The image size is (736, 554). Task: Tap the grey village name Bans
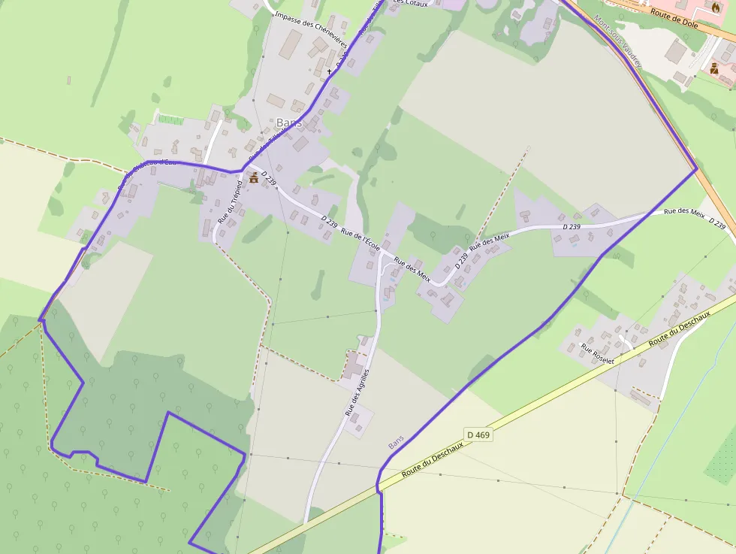click(x=289, y=123)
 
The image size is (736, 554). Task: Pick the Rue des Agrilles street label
click(x=357, y=393)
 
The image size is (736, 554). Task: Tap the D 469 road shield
click(x=478, y=434)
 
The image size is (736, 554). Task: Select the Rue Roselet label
click(x=597, y=354)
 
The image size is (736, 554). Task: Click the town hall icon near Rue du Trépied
click(x=254, y=178)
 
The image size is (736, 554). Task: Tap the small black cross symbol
click(x=329, y=71)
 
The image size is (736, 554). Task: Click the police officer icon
click(x=714, y=68)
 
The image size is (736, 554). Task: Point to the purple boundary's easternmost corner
click(x=697, y=169)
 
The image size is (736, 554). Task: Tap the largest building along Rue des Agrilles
click(x=352, y=366)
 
